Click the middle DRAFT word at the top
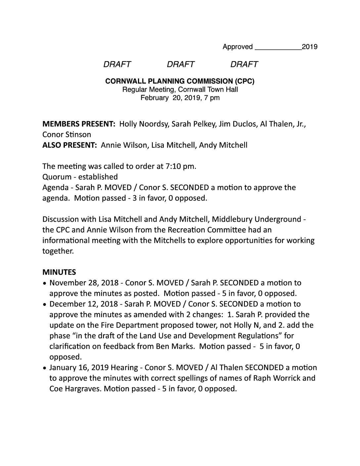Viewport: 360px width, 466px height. [180, 64]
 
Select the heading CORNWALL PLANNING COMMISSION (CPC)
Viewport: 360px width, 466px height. [180, 81]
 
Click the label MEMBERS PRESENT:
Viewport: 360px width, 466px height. [79, 124]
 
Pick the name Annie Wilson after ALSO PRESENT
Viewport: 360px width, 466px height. [124, 145]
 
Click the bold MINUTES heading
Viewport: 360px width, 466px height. [59, 272]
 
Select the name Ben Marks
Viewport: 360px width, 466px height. [180, 346]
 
